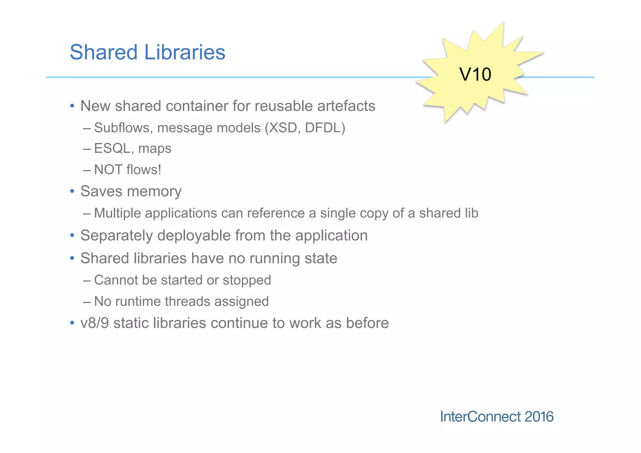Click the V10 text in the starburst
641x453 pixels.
475,75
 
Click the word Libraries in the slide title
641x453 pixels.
185,52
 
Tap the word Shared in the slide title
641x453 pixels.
104,52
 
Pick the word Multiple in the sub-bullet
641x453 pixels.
117,213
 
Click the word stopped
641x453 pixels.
247,280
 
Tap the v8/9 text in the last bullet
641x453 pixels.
95,323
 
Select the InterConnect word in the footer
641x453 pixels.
480,417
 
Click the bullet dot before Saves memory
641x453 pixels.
72,191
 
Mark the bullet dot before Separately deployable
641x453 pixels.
72,235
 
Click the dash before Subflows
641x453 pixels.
87,128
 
